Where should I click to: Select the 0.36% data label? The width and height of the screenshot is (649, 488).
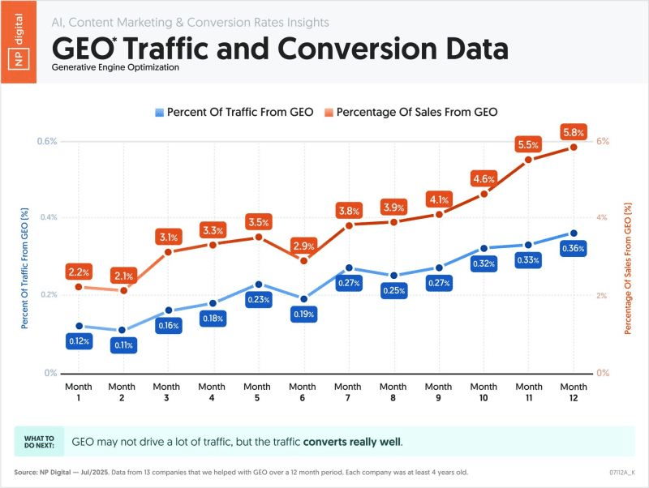574,249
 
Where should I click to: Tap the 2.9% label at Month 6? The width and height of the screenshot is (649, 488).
303,245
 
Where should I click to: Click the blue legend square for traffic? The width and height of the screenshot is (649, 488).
160,112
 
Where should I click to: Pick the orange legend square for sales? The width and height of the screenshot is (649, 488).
330,112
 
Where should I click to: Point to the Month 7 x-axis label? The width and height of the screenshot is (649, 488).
348,392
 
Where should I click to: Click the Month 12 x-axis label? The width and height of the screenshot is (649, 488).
574,392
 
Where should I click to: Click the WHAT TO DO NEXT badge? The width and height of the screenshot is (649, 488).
38,442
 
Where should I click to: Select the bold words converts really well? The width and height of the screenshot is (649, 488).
352,443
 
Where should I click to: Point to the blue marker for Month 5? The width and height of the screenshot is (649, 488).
258,285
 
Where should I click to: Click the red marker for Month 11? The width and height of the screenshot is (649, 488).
528,160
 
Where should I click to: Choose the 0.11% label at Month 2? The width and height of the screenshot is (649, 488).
123,345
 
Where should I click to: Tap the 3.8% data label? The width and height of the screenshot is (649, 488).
348,211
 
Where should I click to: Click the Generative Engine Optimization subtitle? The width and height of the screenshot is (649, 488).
115,67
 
